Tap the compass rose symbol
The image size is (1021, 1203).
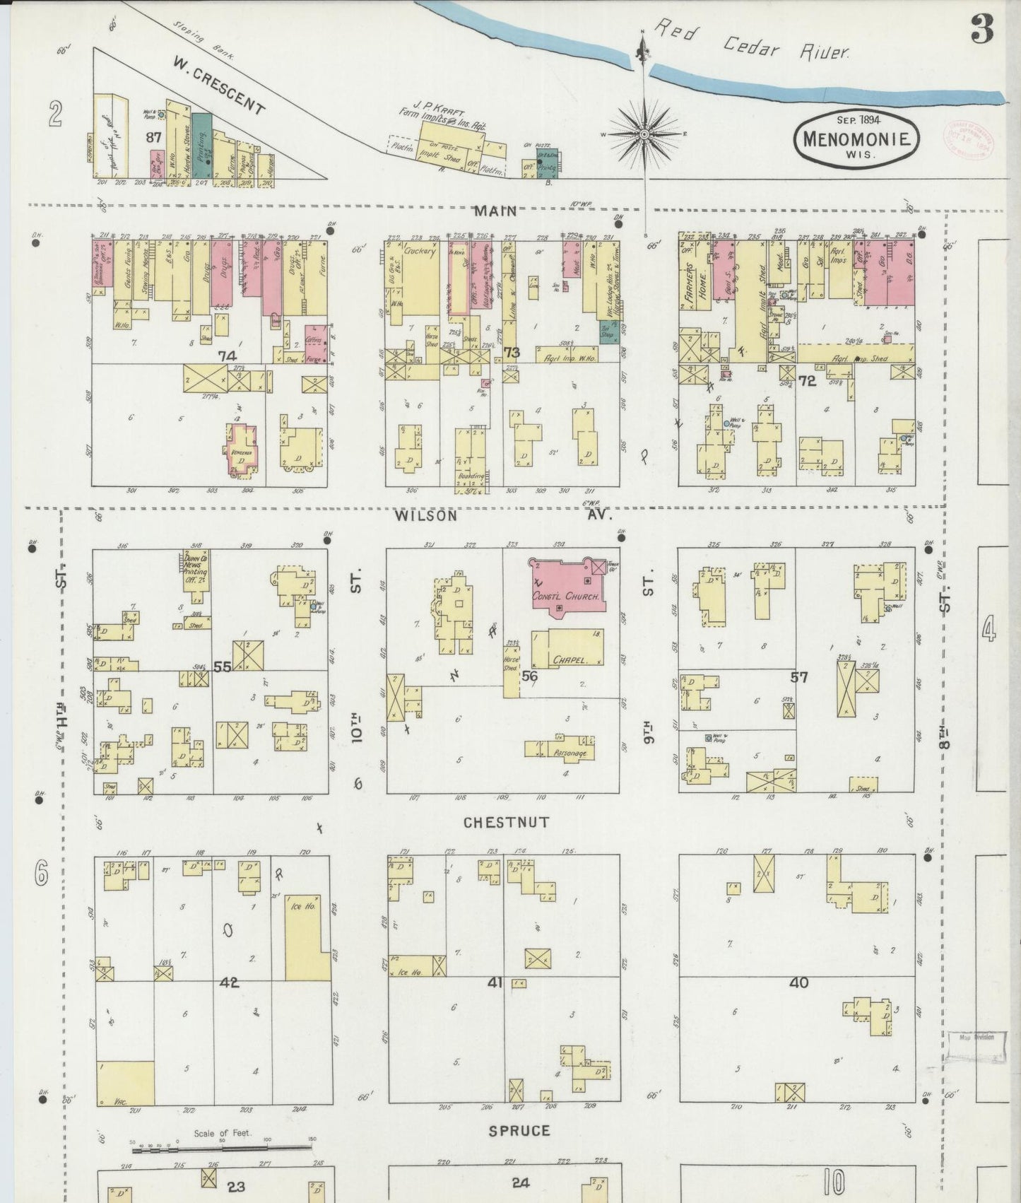(644, 133)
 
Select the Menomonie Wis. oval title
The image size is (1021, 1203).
(856, 139)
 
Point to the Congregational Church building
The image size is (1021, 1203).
(567, 587)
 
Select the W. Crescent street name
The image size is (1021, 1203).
(219, 86)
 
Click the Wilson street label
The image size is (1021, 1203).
(425, 515)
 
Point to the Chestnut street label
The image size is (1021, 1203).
(506, 822)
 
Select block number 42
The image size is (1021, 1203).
(229, 982)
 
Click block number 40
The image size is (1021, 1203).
(798, 982)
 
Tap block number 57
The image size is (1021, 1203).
(799, 677)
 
